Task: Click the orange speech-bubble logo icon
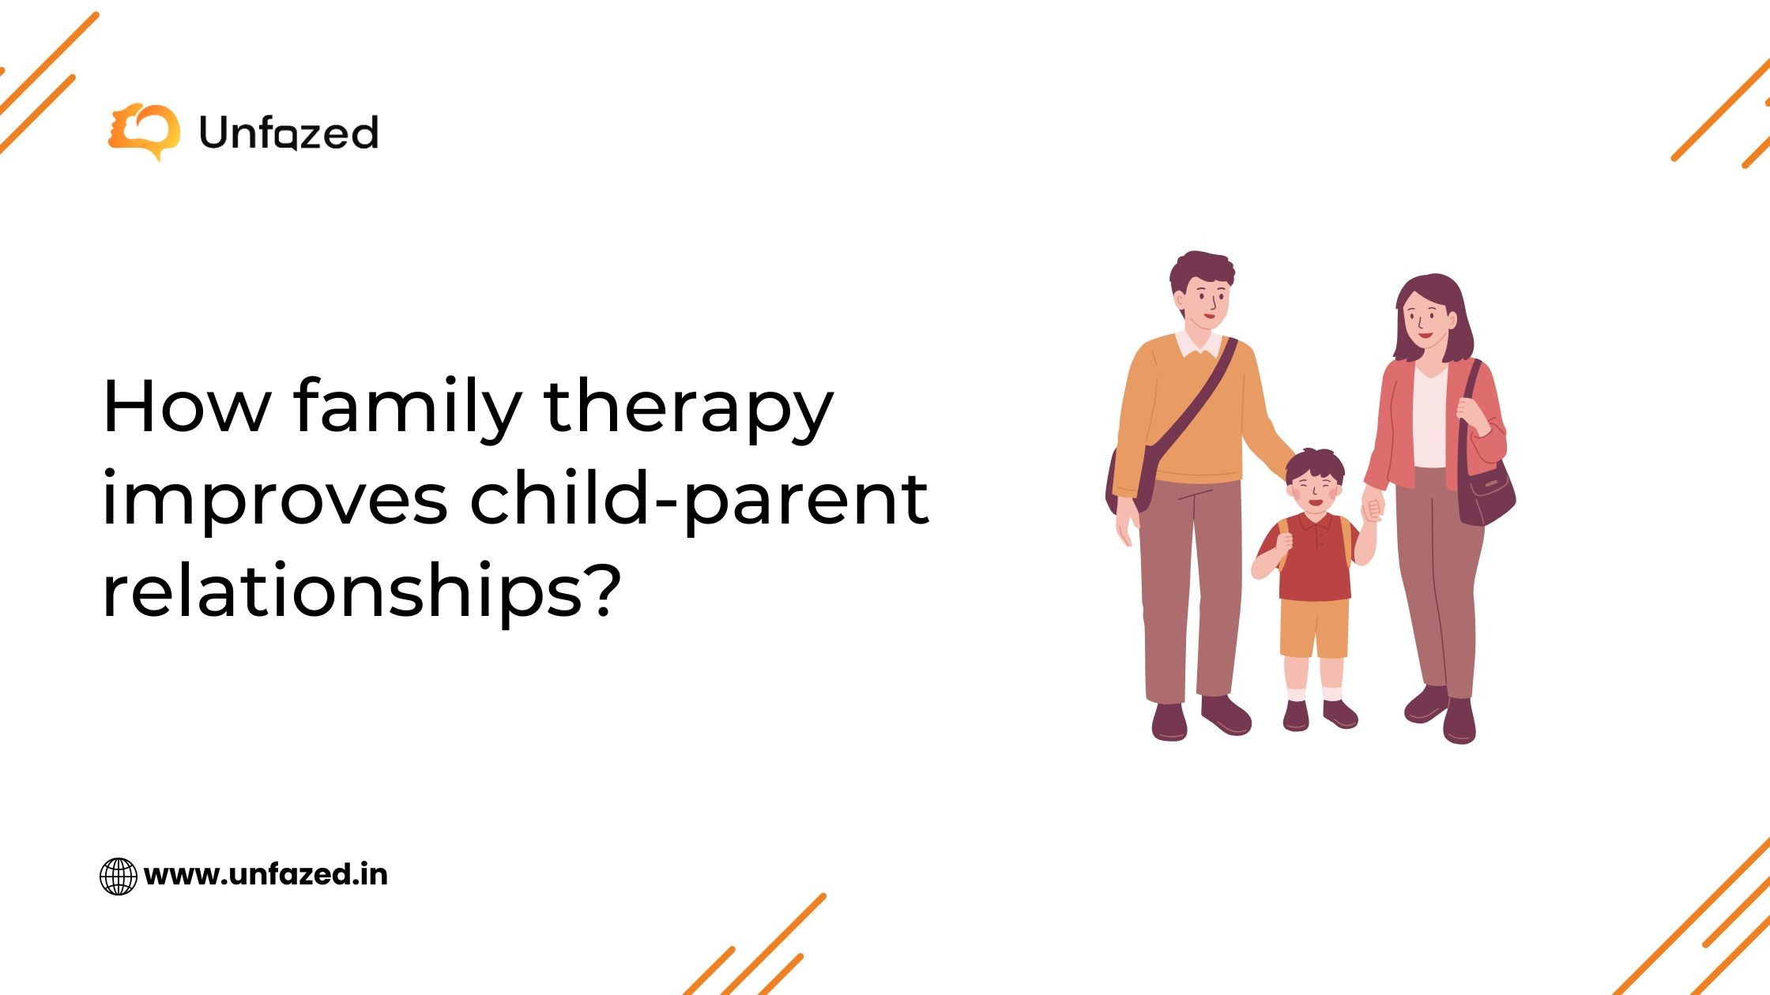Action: coord(144,132)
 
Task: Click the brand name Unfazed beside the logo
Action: coord(289,133)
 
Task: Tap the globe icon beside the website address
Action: coord(119,876)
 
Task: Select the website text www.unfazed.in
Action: coord(266,875)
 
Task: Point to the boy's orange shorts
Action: coord(1315,629)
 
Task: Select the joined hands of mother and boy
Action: coord(1373,509)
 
